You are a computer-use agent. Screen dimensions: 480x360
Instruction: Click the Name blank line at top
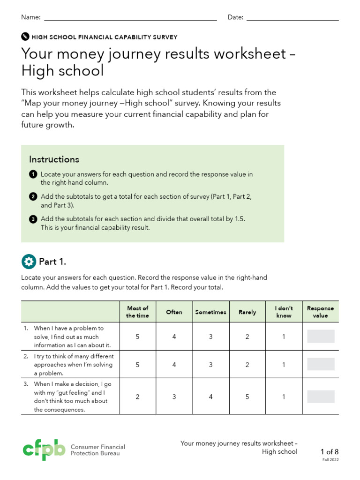coord(130,20)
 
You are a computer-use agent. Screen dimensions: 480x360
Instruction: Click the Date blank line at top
coord(292,20)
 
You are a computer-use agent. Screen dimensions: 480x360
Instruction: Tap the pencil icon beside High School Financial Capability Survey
coord(25,37)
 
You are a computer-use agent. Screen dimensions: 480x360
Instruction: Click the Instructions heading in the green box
coord(54,159)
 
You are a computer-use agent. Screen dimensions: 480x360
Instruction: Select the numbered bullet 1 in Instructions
coord(33,174)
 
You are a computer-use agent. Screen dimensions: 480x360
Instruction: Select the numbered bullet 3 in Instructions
coord(33,219)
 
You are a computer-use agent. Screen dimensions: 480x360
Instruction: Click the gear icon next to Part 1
coord(29,262)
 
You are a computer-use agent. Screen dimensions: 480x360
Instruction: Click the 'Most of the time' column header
coord(137,312)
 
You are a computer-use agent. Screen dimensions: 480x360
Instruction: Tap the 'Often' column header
coord(174,312)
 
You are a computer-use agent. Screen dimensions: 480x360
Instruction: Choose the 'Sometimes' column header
coord(210,312)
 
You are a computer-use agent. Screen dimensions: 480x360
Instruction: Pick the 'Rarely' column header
coord(247,312)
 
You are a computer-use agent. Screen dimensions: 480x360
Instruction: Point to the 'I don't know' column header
coord(284,312)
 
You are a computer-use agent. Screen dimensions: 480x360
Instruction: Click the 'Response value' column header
coord(320,312)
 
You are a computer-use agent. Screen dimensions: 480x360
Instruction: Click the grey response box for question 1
coord(321,337)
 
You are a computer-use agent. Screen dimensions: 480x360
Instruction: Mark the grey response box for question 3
coord(321,397)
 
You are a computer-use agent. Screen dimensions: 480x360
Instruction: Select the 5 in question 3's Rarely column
coord(247,397)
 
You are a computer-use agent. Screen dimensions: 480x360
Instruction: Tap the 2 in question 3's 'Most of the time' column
coord(137,397)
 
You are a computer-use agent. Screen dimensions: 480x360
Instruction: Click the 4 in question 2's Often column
coord(174,365)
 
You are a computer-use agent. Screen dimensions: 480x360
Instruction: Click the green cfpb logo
coord(44,450)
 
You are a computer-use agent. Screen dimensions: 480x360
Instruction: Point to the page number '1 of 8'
coord(329,452)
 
